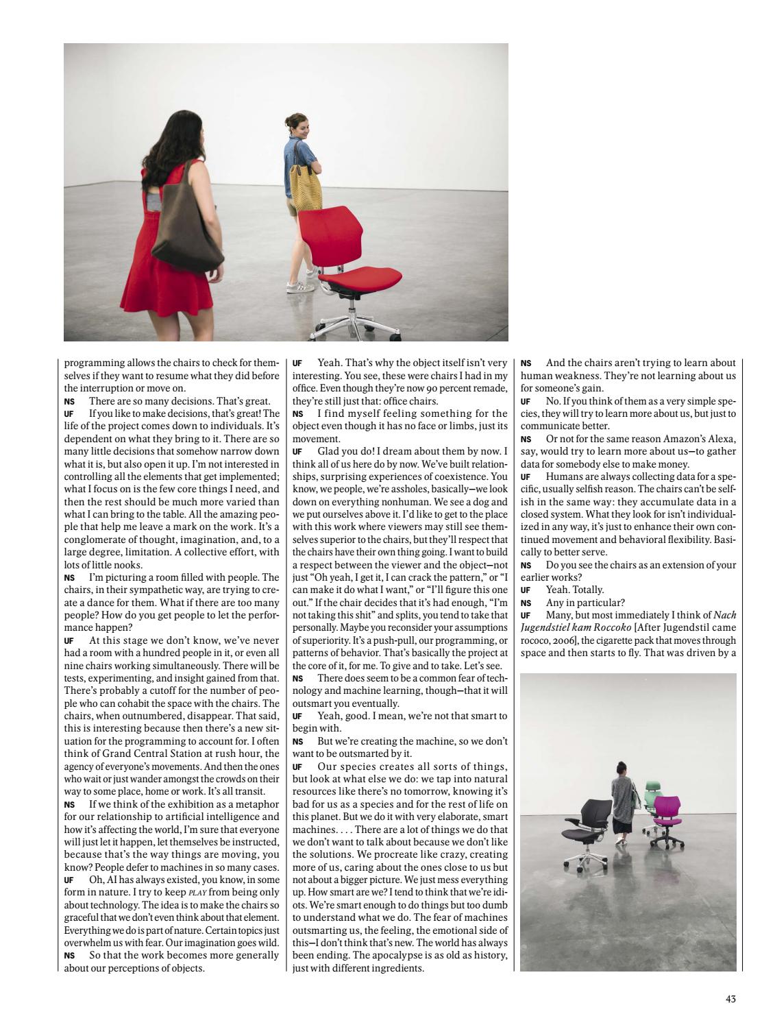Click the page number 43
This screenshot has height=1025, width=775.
coord(730,999)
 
